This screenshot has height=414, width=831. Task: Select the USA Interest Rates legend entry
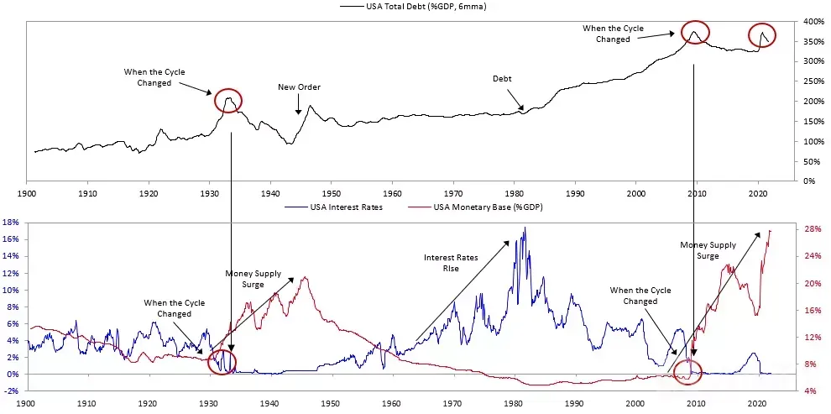[333, 207]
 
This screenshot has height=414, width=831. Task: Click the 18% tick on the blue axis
[11, 223]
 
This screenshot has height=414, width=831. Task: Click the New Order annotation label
[299, 87]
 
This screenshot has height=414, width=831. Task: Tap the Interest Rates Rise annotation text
[451, 263]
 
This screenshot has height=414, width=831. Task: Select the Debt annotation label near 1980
[502, 78]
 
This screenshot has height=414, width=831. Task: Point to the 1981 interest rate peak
[525, 228]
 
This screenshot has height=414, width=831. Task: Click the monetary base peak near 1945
[304, 277]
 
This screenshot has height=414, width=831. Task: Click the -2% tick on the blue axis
[12, 390]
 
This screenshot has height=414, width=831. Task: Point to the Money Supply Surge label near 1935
[253, 279]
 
